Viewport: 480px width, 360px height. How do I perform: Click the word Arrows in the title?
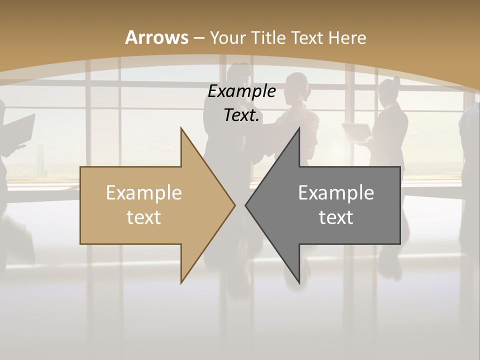point(157,37)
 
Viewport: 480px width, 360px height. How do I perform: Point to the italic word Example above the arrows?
point(242,91)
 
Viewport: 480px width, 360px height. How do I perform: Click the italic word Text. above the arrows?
point(242,115)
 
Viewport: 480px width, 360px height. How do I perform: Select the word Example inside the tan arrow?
point(144,192)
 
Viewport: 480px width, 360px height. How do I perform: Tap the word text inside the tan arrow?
point(144,217)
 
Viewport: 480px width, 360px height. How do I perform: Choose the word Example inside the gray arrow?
point(336,192)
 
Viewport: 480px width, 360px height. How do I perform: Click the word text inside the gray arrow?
point(336,217)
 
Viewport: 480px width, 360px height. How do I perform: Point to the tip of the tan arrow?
point(235,205)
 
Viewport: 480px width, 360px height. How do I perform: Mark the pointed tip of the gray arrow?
point(245,205)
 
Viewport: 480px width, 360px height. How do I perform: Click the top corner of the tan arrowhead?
point(181,128)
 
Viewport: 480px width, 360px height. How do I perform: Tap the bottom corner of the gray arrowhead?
point(299,283)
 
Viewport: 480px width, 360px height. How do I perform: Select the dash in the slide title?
point(199,38)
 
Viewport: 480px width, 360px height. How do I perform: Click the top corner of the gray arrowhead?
point(299,128)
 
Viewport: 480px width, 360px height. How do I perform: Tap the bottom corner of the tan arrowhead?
point(181,283)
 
